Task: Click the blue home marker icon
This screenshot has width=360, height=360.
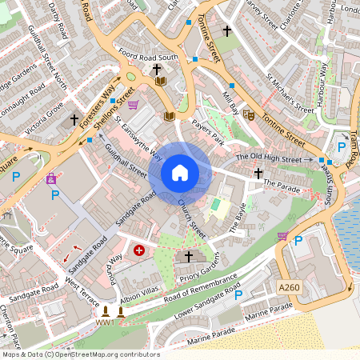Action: click(180, 172)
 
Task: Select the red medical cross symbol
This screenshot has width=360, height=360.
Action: click(140, 250)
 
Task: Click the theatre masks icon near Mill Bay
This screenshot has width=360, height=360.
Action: click(248, 114)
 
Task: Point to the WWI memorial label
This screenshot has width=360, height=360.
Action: click(105, 322)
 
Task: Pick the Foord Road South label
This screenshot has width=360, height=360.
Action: click(146, 58)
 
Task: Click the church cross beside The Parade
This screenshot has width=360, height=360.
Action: click(258, 173)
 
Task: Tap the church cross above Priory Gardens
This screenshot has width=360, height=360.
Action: click(189, 257)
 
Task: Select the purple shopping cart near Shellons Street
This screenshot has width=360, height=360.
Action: click(133, 104)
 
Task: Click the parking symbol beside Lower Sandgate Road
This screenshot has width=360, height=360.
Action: click(238, 295)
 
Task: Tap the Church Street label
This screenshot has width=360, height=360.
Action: click(192, 218)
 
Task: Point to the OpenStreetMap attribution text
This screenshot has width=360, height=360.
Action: click(80, 354)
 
